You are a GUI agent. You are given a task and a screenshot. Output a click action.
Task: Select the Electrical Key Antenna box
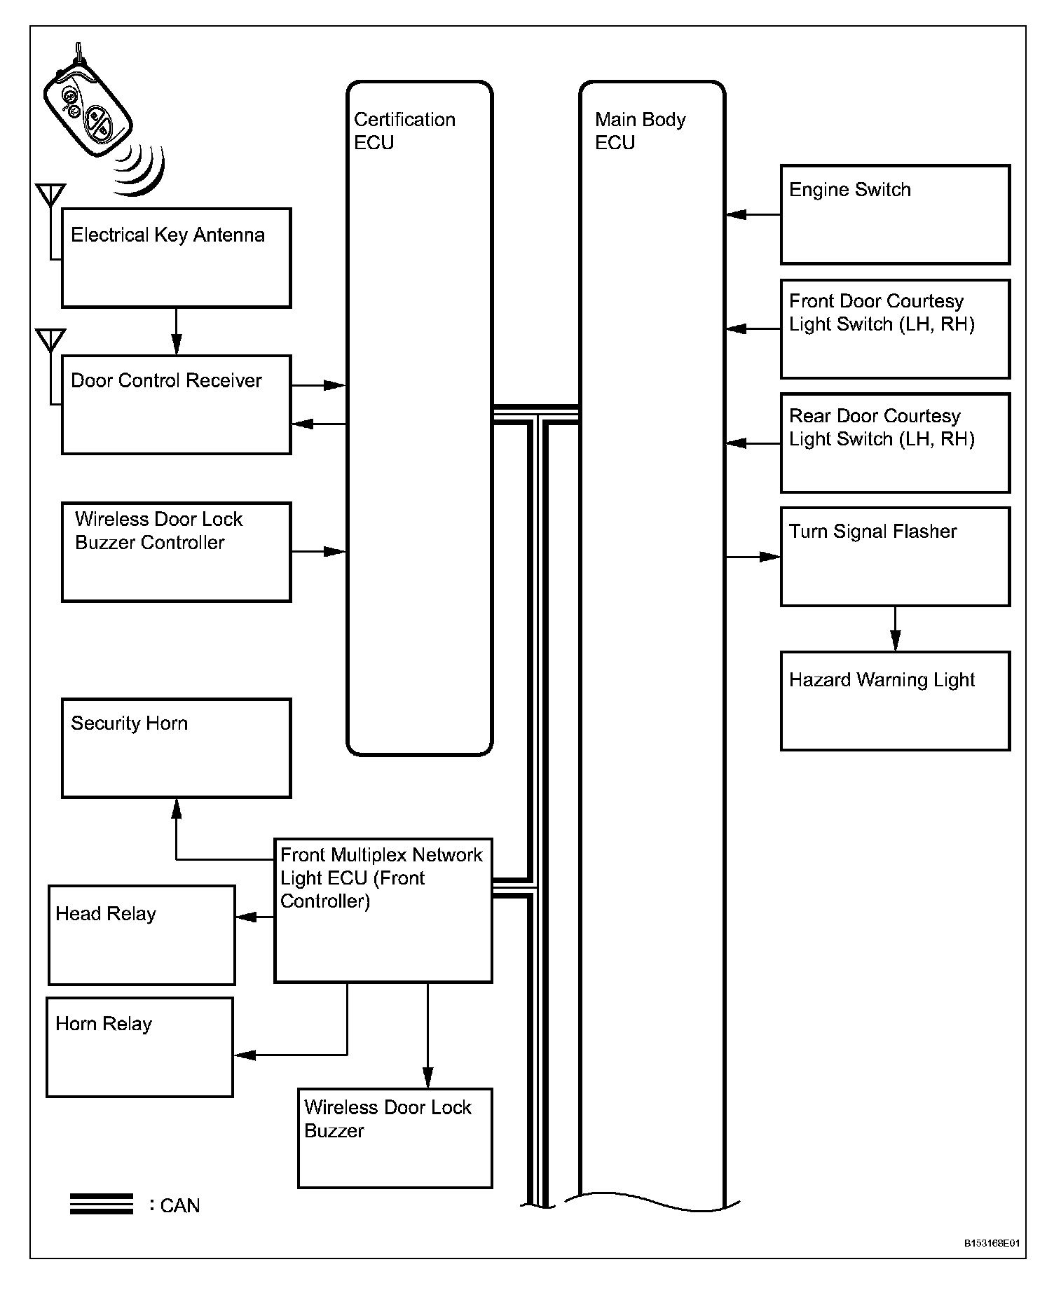[x=176, y=258]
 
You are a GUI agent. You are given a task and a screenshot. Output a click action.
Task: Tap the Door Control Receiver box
[x=176, y=405]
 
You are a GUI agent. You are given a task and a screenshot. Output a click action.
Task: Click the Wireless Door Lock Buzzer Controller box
[x=176, y=552]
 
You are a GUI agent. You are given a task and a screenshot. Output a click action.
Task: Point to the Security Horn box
[x=176, y=748]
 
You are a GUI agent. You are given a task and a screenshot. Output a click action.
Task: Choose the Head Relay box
[x=142, y=935]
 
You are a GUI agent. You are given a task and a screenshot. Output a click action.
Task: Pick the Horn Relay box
[x=139, y=1047]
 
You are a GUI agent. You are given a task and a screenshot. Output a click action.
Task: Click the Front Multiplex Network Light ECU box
[x=383, y=910]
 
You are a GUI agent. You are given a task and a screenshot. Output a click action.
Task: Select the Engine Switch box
[x=895, y=215]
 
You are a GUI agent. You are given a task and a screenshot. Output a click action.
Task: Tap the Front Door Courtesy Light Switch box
[x=895, y=329]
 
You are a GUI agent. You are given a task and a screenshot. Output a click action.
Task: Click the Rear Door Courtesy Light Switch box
[x=895, y=443]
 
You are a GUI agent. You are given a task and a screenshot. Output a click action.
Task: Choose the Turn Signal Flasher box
[x=895, y=557]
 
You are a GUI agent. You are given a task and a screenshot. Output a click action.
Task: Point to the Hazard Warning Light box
[x=895, y=701]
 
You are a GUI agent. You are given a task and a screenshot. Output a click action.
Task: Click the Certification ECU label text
[x=404, y=131]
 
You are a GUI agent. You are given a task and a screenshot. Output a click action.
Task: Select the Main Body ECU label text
[x=639, y=131]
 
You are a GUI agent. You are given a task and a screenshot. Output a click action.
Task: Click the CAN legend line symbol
[x=101, y=1204]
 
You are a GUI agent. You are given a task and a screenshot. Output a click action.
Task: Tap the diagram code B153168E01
[x=991, y=1243]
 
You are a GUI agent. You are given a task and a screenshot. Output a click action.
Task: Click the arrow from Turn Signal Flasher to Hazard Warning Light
[x=895, y=629]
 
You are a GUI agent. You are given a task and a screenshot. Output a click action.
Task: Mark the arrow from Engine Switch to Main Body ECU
[x=753, y=215]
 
